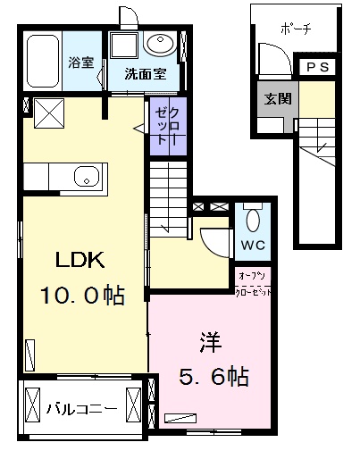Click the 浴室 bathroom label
82,64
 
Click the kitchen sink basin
86,175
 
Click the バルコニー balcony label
81,409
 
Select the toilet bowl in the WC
251,219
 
